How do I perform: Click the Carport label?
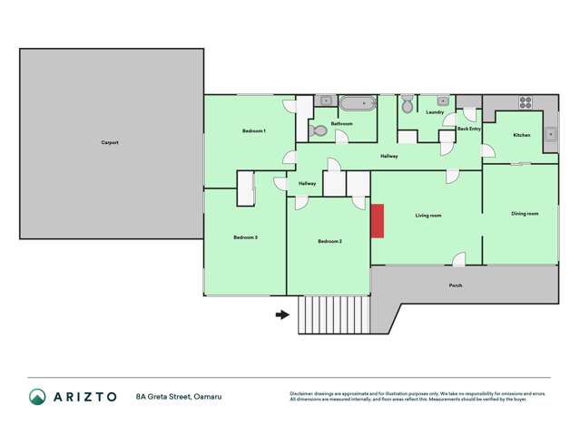[x=110, y=142]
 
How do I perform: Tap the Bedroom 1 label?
[x=253, y=131]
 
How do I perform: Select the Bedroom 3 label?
[x=245, y=237]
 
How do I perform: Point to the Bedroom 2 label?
[x=329, y=241]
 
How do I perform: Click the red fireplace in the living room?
[x=378, y=221]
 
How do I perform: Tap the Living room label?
[x=428, y=216]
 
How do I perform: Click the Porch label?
[x=456, y=285]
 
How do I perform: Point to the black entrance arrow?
[x=282, y=315]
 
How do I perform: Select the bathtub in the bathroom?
[x=357, y=103]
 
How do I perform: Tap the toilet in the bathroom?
[x=319, y=130]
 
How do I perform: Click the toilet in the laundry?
[x=408, y=106]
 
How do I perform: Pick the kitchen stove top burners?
[x=525, y=101]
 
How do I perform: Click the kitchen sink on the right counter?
[x=550, y=136]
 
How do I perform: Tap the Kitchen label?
[x=521, y=135]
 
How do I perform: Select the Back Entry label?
[x=469, y=129]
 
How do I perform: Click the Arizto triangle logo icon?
[x=37, y=397]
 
